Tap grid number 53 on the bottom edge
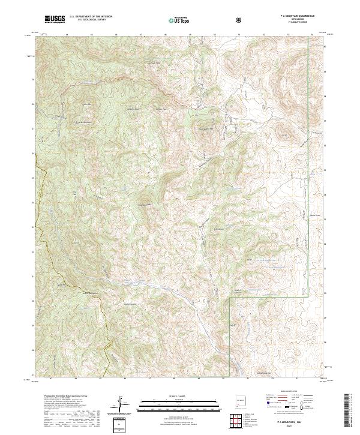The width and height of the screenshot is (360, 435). [x=296, y=379]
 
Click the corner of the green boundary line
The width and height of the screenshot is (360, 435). [x=231, y=296]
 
